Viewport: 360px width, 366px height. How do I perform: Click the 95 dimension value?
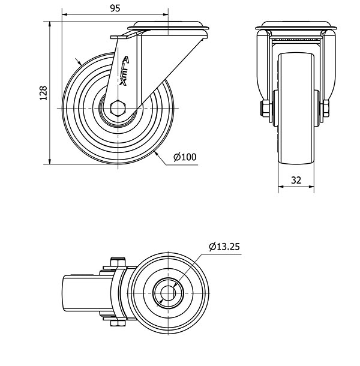coord(115,8)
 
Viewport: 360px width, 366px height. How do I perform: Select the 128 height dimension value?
coord(43,94)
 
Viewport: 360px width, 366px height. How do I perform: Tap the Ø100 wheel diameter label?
coord(185,157)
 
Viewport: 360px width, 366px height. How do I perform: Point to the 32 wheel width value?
coord(296,180)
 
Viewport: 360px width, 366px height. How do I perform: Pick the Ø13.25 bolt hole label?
coord(224,247)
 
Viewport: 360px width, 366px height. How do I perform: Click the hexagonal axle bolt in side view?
coord(118,108)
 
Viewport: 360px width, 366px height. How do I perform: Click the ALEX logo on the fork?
coord(124,71)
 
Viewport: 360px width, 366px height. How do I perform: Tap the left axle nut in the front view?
coord(265,109)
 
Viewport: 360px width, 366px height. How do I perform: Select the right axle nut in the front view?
coord(326,109)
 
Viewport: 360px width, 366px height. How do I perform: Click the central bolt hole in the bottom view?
coord(168,293)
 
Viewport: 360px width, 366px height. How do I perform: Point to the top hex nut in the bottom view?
coord(118,262)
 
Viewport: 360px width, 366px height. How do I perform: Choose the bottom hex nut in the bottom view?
coord(118,323)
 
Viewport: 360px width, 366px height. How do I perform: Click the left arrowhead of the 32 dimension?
coord(281,187)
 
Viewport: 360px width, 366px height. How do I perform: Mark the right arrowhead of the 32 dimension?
coord(311,187)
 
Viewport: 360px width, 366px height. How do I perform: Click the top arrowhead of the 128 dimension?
coord(49,24)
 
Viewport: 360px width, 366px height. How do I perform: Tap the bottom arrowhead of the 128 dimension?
coord(49,161)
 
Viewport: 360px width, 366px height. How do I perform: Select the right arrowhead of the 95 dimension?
coord(166,14)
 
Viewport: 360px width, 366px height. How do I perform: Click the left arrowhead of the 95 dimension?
coord(65,14)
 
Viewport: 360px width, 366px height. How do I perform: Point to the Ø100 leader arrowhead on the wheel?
coord(156,154)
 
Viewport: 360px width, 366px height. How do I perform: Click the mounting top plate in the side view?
coord(168,25)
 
